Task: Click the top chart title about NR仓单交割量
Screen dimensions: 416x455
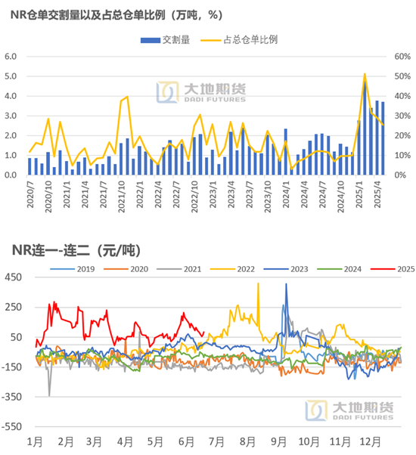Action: [116, 15]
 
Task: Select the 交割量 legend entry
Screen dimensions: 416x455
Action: [165, 40]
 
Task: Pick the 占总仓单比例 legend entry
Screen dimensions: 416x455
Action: [239, 40]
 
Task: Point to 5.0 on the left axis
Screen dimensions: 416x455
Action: [11, 76]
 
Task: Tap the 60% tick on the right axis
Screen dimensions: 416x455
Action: [402, 56]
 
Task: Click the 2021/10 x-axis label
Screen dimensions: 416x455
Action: [121, 197]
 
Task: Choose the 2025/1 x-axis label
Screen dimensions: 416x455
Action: [359, 194]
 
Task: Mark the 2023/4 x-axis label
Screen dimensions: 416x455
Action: [231, 194]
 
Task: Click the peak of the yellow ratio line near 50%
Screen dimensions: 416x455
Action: [365, 74]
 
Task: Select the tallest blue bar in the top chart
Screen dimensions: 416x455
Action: [365, 128]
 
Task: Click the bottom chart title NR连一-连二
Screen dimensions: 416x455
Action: [76, 250]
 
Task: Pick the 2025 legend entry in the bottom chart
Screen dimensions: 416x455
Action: [393, 269]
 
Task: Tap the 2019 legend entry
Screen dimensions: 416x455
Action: [73, 269]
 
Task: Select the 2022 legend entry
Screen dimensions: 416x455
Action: [232, 269]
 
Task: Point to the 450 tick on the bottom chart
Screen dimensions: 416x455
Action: [13, 277]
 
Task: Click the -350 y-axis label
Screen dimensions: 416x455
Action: [11, 397]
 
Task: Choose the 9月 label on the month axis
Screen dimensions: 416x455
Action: [278, 442]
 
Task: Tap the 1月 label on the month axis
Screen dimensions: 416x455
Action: [35, 442]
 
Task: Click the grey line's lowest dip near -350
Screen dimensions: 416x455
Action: [49, 395]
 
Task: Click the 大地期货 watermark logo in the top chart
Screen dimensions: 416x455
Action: [201, 92]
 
